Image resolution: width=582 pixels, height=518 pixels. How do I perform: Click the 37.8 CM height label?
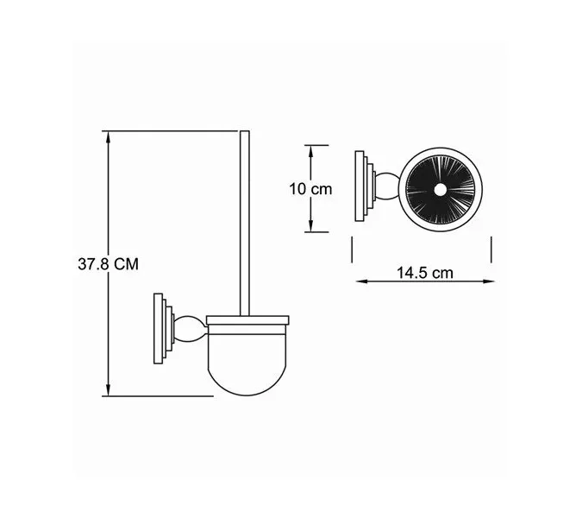point(108,264)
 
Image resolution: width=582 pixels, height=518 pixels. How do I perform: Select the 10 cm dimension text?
point(310,189)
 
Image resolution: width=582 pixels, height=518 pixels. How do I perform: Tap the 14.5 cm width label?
point(424,273)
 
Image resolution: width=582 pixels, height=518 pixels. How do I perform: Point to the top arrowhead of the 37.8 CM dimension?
point(108,136)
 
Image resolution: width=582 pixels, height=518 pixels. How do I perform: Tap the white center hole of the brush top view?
point(440,189)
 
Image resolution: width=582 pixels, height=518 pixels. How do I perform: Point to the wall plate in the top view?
point(361,187)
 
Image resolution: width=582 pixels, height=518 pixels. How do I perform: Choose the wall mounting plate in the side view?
point(160,328)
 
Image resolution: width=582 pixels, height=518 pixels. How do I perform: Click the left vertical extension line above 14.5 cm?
point(354,251)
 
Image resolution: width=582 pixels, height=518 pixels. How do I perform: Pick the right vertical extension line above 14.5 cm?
point(491,251)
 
